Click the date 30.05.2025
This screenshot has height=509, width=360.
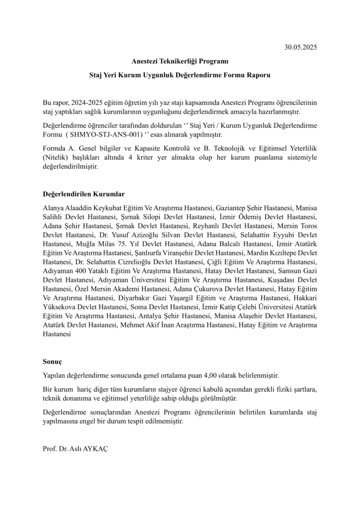tap(300, 48)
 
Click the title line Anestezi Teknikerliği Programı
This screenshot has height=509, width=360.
tap(180, 62)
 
